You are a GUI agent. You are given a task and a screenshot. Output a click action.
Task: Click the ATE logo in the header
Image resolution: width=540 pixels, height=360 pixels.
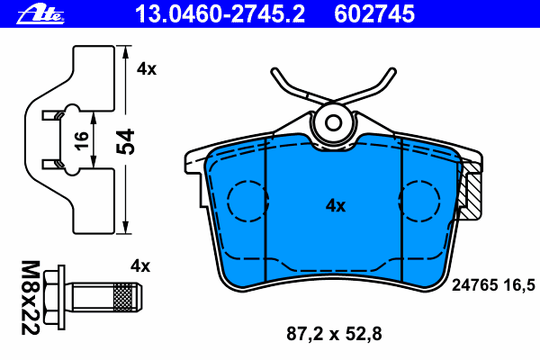click(x=40, y=14)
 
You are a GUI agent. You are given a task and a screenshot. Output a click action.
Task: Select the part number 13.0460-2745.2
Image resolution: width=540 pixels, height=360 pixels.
click(x=220, y=14)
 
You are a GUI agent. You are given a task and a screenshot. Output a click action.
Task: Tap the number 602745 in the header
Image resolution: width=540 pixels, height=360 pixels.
click(x=374, y=14)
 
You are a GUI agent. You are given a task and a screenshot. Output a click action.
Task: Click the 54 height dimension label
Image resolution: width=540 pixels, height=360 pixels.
click(x=125, y=141)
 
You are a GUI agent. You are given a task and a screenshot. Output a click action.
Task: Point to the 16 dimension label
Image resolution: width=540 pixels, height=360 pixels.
click(x=82, y=140)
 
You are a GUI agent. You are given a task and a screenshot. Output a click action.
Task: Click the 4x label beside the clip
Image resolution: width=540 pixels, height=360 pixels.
click(x=147, y=69)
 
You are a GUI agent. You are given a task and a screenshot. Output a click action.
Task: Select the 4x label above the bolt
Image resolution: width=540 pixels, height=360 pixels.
click(x=140, y=266)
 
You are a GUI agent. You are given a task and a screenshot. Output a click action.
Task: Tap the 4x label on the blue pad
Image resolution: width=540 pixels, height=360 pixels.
click(x=336, y=206)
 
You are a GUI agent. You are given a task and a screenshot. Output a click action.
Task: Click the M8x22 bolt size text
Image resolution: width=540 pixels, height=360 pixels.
click(x=31, y=298)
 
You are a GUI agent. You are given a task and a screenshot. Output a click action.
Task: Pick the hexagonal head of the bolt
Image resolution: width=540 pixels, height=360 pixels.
click(x=52, y=297)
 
